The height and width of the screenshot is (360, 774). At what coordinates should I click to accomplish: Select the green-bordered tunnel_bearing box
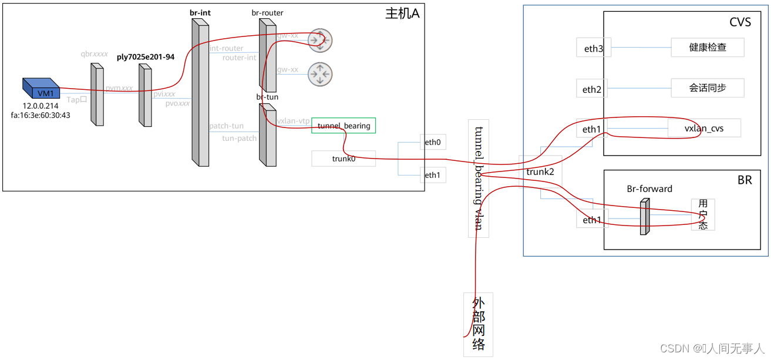[x=344, y=126]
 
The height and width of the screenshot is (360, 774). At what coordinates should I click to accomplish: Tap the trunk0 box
[x=344, y=158]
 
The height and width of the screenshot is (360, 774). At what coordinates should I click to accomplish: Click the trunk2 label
[x=540, y=172]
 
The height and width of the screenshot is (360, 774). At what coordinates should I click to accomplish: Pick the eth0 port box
[x=432, y=142]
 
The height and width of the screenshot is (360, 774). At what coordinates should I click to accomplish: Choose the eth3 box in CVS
[x=593, y=49]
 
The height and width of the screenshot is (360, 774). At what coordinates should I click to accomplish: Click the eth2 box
[x=592, y=89]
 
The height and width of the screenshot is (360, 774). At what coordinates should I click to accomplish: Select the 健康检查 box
[x=707, y=48]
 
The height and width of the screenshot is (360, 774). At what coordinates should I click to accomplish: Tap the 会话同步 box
[x=707, y=88]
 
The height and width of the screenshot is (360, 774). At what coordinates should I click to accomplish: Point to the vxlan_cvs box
[x=704, y=129]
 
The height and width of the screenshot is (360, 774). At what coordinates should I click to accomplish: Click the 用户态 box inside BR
[x=703, y=214]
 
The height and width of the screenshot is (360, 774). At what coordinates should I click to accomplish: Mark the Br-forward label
[x=650, y=189]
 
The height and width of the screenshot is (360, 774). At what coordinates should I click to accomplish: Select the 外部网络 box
[x=478, y=324]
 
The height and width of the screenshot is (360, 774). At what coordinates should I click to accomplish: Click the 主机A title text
[x=402, y=14]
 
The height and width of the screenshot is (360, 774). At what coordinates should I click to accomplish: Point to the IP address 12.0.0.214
[x=41, y=106]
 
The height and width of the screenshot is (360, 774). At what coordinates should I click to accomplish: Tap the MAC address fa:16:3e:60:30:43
[x=41, y=115]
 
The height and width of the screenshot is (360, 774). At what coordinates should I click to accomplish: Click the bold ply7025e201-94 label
[x=145, y=57]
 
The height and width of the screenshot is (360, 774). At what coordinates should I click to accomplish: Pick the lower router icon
[x=320, y=74]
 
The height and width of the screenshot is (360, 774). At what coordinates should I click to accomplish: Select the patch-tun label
[x=226, y=126]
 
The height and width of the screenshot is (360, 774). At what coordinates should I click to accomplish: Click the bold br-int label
[x=200, y=12]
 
